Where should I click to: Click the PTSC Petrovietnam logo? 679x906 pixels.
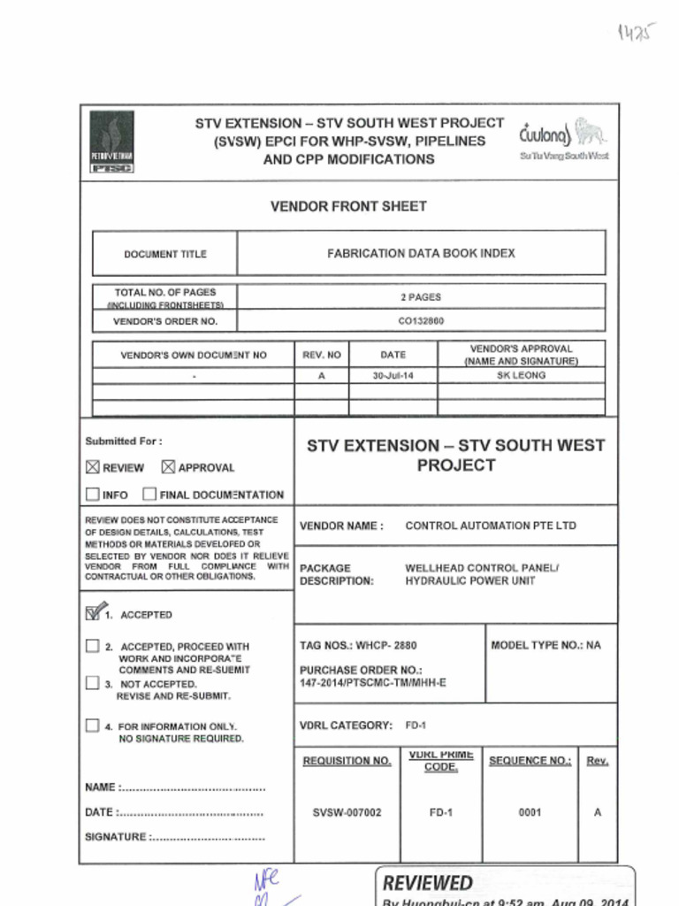click(111, 142)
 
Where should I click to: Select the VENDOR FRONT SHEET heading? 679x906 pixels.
click(348, 206)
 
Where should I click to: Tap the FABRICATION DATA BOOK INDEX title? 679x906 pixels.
click(421, 253)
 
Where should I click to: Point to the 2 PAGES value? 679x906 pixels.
click(421, 297)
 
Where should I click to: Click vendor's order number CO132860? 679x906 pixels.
click(421, 321)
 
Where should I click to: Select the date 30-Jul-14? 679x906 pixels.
click(393, 375)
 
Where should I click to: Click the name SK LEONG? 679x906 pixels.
click(522, 375)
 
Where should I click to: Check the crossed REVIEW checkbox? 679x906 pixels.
click(93, 467)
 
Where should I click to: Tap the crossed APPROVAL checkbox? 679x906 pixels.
click(168, 467)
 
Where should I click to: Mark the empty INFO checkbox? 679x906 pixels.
click(93, 495)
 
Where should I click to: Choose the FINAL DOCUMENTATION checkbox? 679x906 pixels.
click(149, 495)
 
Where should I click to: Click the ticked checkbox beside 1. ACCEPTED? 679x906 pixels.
click(93, 613)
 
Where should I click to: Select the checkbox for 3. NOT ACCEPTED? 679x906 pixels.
click(93, 683)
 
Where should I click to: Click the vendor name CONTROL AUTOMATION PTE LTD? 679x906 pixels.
click(490, 526)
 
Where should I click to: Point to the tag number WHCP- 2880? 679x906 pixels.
click(386, 646)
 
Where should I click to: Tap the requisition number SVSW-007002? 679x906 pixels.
click(347, 812)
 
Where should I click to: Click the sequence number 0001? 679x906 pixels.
click(530, 812)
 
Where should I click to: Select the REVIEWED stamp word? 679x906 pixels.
click(427, 883)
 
